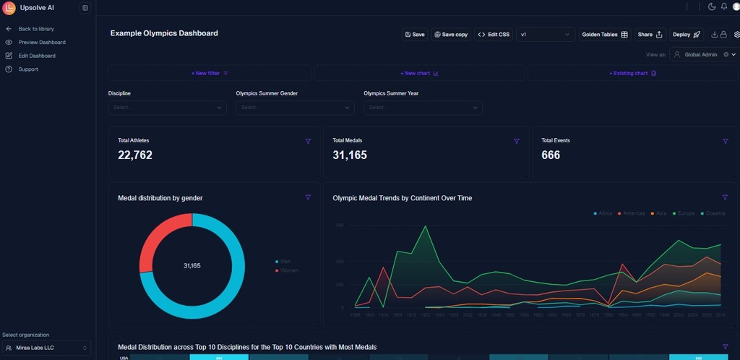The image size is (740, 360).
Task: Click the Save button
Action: pyautogui.click(x=415, y=35)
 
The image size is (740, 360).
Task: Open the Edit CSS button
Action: pyautogui.click(x=494, y=35)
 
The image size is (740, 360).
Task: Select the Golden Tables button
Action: pyautogui.click(x=605, y=35)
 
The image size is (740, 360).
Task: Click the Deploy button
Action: pyautogui.click(x=686, y=35)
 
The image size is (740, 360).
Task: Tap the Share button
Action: pyautogui.click(x=650, y=35)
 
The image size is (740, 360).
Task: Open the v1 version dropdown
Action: pyautogui.click(x=546, y=35)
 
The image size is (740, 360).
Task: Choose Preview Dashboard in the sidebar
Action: pyautogui.click(x=42, y=43)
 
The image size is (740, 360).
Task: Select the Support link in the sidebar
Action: pyautogui.click(x=28, y=69)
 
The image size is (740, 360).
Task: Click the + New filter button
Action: pyautogui.click(x=210, y=73)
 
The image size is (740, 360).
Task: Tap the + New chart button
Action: pyautogui.click(x=420, y=73)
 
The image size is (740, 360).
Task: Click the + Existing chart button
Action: pyautogui.click(x=632, y=73)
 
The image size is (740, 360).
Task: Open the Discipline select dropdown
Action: pyautogui.click(x=167, y=108)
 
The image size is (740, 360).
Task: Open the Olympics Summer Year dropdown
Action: pyautogui.click(x=423, y=108)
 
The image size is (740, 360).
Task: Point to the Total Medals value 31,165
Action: pyautogui.click(x=350, y=155)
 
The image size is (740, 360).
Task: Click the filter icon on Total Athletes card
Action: pyautogui.click(x=308, y=142)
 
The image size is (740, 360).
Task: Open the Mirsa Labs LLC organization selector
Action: pyautogui.click(x=46, y=348)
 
